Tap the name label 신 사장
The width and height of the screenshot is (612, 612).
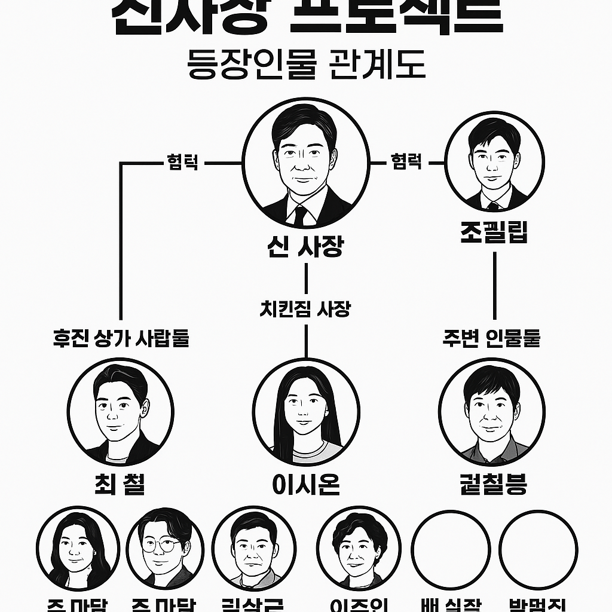[x=305, y=246]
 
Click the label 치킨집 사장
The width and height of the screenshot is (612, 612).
[x=305, y=309]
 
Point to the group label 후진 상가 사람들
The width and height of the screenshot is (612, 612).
[x=121, y=338]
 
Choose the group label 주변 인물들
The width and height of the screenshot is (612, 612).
[x=491, y=338]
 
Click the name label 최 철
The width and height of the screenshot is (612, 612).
[x=120, y=484]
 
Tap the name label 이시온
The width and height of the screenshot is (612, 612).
[x=305, y=484]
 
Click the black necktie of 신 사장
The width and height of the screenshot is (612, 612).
[x=300, y=215]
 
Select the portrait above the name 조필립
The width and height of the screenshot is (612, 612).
[x=494, y=161]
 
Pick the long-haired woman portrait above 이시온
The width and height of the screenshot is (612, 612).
[x=305, y=412]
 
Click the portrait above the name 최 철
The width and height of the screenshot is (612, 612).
[x=120, y=412]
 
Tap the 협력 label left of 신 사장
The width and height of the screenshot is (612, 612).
[x=183, y=162]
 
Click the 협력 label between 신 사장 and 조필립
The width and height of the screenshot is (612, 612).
[x=406, y=162]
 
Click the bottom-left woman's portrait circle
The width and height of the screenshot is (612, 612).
[x=78, y=549]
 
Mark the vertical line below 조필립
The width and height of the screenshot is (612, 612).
[x=495, y=286]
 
